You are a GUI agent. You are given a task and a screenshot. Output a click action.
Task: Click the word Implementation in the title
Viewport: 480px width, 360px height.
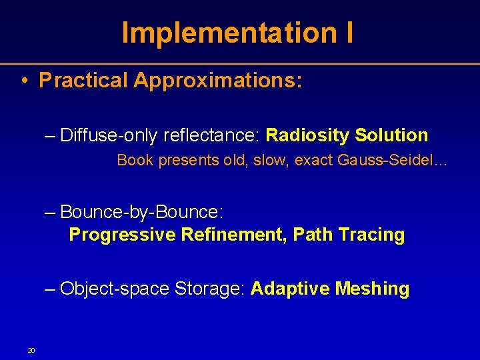(x=227, y=33)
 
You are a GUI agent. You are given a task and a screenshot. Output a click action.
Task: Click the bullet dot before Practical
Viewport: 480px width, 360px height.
(x=23, y=81)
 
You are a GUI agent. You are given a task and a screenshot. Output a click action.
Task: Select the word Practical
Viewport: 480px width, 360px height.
(x=83, y=81)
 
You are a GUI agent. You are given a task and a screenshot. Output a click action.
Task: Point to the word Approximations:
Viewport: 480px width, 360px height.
(x=218, y=81)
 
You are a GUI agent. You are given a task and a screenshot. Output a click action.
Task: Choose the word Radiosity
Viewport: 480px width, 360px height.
(x=307, y=135)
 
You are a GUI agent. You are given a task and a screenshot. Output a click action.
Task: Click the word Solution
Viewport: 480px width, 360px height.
(x=391, y=135)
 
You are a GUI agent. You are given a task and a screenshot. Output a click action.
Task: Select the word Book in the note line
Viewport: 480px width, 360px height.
(x=135, y=161)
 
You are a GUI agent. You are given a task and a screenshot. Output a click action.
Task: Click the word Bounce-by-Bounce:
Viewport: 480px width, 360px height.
(x=141, y=212)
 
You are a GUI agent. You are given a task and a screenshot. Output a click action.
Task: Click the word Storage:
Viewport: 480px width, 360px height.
(x=211, y=289)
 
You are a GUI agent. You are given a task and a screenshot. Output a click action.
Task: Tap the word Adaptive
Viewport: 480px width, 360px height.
(x=291, y=289)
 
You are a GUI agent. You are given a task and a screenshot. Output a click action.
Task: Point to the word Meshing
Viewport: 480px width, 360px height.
(x=372, y=289)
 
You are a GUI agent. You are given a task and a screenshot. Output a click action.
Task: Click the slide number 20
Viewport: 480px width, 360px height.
(x=31, y=351)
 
